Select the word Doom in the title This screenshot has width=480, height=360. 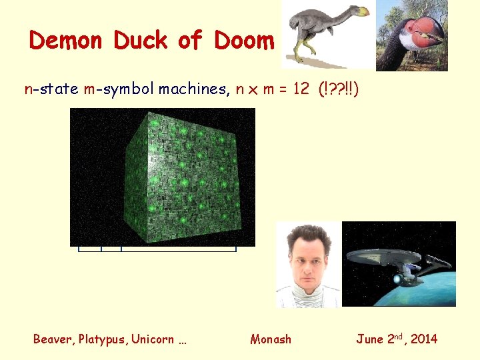[244, 41]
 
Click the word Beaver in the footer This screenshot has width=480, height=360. [53, 339]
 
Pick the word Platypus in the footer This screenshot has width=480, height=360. [103, 339]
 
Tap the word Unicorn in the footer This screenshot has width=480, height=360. [153, 339]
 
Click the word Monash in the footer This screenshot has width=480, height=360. [271, 339]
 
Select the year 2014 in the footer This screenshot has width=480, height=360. [424, 339]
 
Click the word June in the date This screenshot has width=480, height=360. [369, 339]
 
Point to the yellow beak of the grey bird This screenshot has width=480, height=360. [362, 11]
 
